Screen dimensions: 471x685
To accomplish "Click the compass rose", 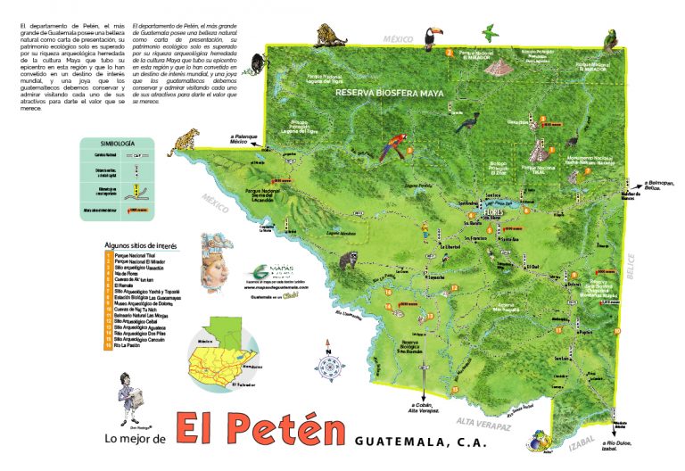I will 329,366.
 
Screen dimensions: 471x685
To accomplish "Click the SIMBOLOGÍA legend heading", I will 118,143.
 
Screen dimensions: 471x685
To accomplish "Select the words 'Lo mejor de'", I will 136,440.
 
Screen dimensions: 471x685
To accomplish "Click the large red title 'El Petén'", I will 260,430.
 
